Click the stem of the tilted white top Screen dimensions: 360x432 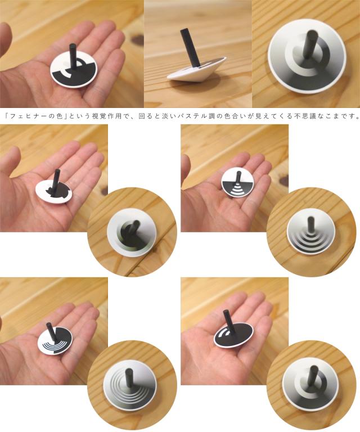click(x=190, y=48)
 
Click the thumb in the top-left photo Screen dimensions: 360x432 click(x=6, y=39)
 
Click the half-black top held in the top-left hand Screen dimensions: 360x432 click(x=74, y=70)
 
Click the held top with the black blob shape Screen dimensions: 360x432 click(x=53, y=190)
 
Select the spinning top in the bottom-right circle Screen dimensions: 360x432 click(x=310, y=385)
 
